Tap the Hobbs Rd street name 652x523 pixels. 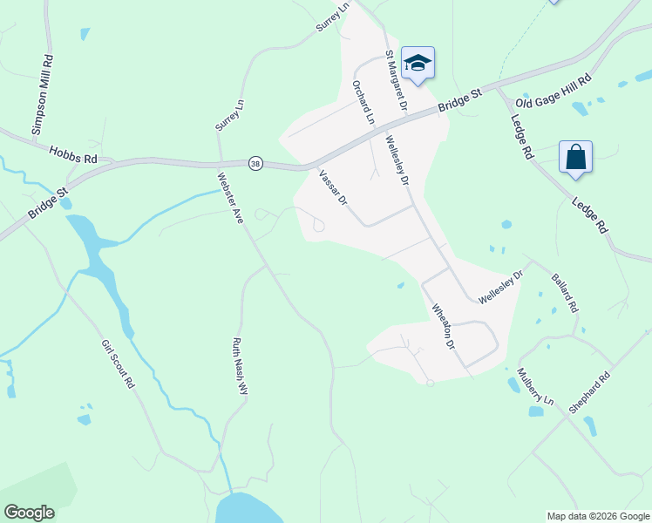(73, 154)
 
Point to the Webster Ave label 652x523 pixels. (229, 197)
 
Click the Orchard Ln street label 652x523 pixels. (363, 102)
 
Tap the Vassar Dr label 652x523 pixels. (333, 187)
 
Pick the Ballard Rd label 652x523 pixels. (564, 294)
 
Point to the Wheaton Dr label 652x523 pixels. (445, 327)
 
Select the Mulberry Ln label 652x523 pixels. (534, 385)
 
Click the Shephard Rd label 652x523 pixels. (591, 392)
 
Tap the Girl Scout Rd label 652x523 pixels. (119, 364)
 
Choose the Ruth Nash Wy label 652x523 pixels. (240, 367)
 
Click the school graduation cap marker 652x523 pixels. (418, 63)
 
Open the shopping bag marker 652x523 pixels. (575, 158)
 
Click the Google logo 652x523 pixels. (29, 513)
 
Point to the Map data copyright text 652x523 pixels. (598, 516)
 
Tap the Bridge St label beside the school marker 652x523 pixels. (459, 98)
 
